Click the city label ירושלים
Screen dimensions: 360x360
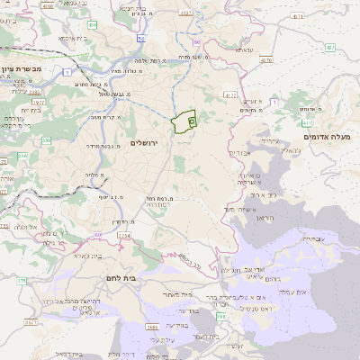pyautogui.click(x=143, y=143)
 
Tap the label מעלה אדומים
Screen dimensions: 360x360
pyautogui.click(x=330, y=136)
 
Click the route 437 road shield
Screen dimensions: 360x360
pyautogui.click(x=331, y=47)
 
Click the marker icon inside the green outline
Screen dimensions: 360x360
pyautogui.click(x=192, y=121)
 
